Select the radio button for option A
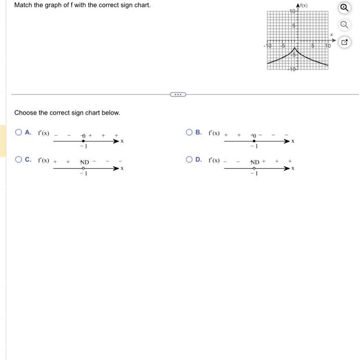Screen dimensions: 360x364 [x=19, y=132]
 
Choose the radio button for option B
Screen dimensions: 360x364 [x=190, y=132]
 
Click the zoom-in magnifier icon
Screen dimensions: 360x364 [x=343, y=8]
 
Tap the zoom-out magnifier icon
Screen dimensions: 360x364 [x=343, y=24]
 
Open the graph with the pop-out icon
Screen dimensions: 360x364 [x=343, y=42]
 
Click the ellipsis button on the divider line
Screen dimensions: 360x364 [x=177, y=95]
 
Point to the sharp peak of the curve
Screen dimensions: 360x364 [x=293, y=46]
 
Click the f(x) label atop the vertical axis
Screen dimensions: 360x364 [x=303, y=5]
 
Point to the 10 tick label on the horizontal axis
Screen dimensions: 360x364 [x=327, y=46]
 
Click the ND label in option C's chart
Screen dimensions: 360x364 [x=85, y=162]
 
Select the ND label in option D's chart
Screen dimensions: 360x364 [x=255, y=162]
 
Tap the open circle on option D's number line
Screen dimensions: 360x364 [x=254, y=168]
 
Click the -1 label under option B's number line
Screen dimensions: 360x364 [x=254, y=146]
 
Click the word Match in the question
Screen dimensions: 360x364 [x=23, y=5]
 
